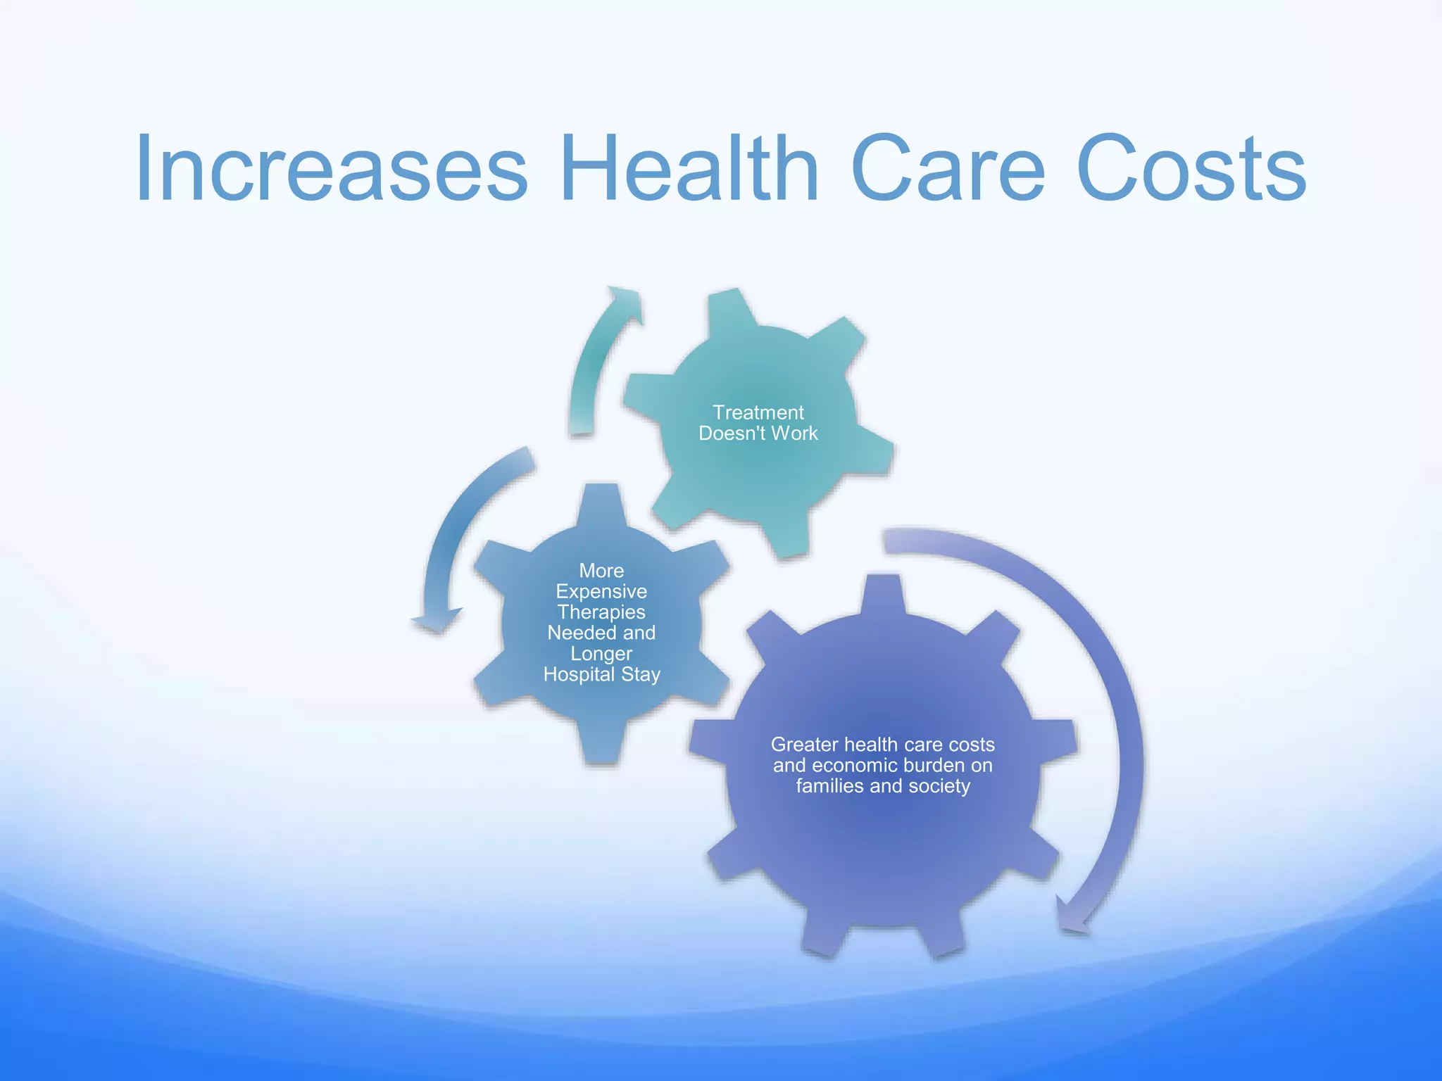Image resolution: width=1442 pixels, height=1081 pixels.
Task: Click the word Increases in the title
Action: tap(331, 169)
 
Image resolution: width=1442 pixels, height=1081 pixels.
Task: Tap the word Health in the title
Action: tap(690, 169)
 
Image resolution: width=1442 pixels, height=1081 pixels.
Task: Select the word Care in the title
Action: tap(947, 169)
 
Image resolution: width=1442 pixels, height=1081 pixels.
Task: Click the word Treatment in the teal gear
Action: tap(758, 412)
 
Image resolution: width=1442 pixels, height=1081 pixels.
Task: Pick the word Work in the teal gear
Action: tap(794, 434)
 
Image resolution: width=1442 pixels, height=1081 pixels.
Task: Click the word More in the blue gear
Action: tap(601, 571)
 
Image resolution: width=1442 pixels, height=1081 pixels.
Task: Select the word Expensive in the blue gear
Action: tap(601, 591)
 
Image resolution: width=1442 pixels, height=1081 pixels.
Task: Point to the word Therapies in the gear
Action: tap(601, 612)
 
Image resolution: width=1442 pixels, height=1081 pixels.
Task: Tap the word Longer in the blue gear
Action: tap(601, 654)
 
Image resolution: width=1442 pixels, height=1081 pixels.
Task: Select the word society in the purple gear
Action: tap(939, 786)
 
